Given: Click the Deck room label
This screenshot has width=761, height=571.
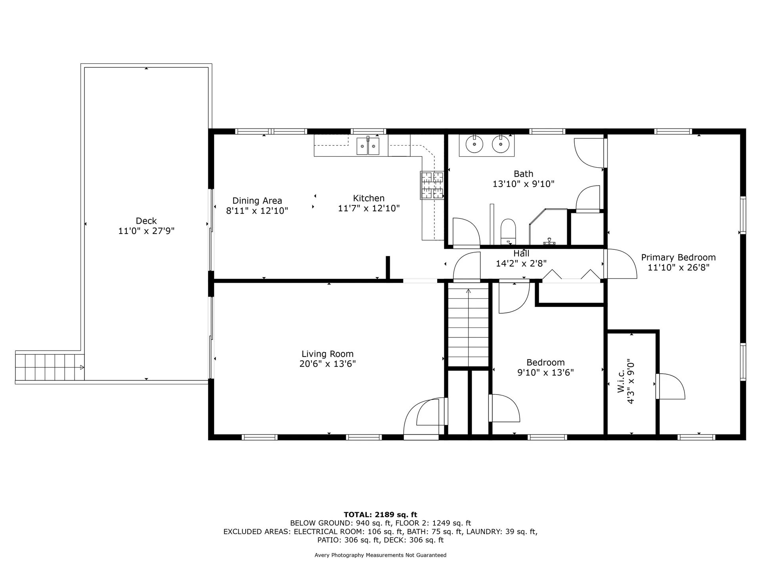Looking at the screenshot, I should coord(146,221).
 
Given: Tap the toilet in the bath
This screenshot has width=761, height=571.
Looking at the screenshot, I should coord(508,231).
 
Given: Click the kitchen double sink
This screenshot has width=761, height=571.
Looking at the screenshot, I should coord(368,146).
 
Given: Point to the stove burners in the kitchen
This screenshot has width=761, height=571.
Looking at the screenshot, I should coord(432,185).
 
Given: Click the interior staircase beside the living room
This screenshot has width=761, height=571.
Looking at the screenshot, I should coord(468,327).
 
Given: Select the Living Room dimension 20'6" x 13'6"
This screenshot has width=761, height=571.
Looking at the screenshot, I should coord(327,364).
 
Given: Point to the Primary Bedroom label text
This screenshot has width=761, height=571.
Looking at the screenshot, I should coord(678,257).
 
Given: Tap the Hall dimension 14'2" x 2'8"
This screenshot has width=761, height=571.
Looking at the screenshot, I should coord(521,264).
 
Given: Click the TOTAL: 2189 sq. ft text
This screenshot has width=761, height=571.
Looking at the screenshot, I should coord(380,515).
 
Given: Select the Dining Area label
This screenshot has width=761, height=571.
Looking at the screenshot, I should coord(257,201).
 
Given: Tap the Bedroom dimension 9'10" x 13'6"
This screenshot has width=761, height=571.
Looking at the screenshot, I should coord(545,373).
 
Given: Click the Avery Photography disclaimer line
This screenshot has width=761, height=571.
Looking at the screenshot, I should coord(380,555).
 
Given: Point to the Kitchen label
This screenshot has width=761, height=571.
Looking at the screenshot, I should coord(369,198).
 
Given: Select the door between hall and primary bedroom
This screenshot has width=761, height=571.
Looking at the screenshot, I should coord(619,264).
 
